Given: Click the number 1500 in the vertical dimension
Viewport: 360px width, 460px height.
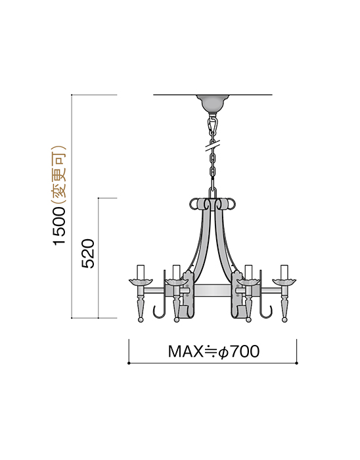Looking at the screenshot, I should tap(60, 225).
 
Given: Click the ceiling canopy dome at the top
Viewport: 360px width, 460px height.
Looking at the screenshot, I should tap(212, 103).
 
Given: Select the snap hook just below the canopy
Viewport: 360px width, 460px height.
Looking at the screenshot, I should tap(212, 124).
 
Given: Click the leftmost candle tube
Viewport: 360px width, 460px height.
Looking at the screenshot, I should tap(140, 271).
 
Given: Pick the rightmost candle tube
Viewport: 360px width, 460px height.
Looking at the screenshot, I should tap(284, 271).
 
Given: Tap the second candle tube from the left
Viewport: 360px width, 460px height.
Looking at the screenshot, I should tap(175, 271).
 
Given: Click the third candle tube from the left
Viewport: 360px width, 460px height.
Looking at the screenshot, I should tap(249, 271).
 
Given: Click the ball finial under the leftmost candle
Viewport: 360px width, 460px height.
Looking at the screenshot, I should tap(140, 320).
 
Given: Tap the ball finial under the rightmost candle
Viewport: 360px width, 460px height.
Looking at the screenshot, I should tap(284, 320).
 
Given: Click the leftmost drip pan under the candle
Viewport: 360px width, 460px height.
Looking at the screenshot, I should tap(140, 283).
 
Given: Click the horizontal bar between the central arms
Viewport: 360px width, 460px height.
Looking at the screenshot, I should tap(212, 290).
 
